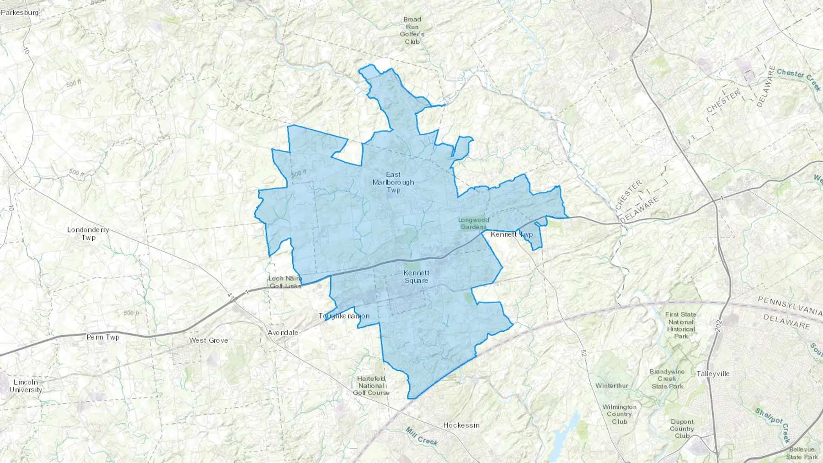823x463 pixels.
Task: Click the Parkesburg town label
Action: point(20,12)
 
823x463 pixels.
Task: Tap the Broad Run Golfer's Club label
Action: point(412,31)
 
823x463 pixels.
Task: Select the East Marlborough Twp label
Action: point(393,182)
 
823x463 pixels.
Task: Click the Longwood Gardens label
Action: point(474,223)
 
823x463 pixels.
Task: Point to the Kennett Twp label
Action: point(511,234)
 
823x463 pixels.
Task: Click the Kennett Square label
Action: point(416,277)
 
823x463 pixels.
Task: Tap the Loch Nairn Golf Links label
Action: point(285,282)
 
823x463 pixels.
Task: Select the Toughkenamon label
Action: point(344,316)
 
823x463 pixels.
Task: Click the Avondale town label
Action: point(283,332)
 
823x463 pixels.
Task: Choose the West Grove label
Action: point(208,340)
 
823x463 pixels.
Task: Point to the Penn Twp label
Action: point(103,337)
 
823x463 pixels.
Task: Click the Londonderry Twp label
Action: point(88,234)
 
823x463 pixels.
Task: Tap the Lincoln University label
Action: point(26,386)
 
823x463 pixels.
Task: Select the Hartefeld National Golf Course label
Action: point(371,385)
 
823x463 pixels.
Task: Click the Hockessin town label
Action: point(461,425)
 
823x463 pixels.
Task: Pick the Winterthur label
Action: point(612,385)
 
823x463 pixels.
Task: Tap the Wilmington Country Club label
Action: point(620,414)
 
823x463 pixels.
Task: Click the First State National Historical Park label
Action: point(681,325)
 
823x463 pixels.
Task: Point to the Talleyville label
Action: point(713,374)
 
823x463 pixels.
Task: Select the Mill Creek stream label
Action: point(422,436)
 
